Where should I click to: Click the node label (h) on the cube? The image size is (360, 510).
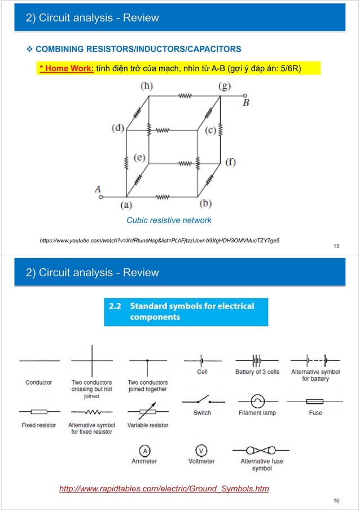point(146,86)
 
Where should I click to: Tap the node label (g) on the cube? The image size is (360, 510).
point(225,86)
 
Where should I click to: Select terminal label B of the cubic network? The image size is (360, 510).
point(246,103)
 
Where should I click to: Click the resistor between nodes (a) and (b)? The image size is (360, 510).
point(162,197)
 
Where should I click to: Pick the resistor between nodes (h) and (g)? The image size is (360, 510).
point(185,95)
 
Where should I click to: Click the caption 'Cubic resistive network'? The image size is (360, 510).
point(169,220)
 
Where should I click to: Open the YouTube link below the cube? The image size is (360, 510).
point(159,241)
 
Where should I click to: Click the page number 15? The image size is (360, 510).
point(336,246)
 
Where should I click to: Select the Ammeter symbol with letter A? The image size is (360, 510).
point(145,450)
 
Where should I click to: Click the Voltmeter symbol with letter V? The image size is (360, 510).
point(201,450)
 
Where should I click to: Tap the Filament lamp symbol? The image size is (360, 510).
point(257,402)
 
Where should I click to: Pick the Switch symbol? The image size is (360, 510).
point(202,400)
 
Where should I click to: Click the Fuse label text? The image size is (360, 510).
point(315,413)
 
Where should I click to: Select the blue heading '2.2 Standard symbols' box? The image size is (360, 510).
point(186,312)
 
